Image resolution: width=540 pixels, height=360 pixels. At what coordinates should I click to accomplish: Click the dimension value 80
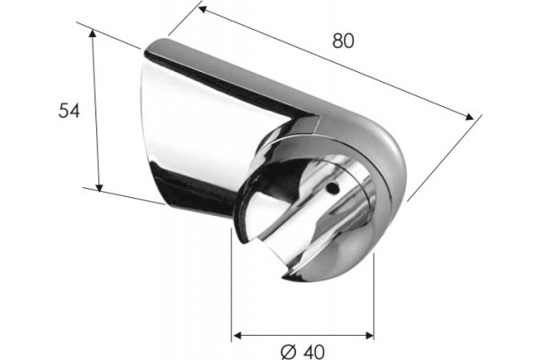point(343,40)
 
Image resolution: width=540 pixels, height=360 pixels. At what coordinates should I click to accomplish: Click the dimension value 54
point(69,111)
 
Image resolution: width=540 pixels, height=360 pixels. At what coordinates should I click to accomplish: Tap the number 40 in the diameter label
point(314,352)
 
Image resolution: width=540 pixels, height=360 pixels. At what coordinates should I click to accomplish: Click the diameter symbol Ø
point(289,352)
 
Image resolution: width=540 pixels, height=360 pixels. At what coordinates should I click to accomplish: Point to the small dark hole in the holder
point(333,187)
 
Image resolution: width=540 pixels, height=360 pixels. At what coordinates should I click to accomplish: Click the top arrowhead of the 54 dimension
point(92,33)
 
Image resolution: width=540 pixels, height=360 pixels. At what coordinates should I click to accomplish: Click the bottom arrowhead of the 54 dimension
point(99,187)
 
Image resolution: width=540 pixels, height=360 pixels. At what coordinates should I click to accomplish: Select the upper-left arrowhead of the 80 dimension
point(202,10)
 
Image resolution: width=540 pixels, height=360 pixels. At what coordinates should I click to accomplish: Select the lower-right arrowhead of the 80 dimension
point(470,117)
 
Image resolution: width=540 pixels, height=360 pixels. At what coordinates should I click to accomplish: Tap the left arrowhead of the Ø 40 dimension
point(238,335)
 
